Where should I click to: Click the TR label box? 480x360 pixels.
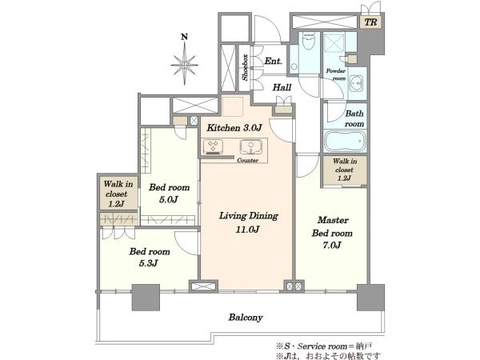[370, 22]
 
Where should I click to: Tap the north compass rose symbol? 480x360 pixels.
[184, 65]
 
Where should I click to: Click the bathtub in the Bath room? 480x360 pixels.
[345, 142]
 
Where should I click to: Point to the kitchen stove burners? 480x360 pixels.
[213, 146]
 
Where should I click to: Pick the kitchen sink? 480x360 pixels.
[250, 147]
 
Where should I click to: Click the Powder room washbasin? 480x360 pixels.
[356, 83]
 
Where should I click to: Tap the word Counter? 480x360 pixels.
[248, 160]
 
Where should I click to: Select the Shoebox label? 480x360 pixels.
[245, 68]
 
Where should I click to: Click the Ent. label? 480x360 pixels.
[273, 61]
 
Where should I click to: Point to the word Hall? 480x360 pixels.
[282, 87]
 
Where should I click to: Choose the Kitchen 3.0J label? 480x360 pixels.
[234, 128]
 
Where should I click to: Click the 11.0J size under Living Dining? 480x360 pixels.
[248, 230]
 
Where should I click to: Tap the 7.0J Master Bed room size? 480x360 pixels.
[332, 246]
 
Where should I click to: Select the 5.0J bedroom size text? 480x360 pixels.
[169, 199]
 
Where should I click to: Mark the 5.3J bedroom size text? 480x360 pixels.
[149, 263]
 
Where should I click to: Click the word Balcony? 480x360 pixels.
[246, 318]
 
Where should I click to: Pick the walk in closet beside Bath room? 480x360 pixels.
[345, 170]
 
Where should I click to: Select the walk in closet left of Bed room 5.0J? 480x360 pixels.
[118, 194]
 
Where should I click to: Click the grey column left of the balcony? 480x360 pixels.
[146, 298]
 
